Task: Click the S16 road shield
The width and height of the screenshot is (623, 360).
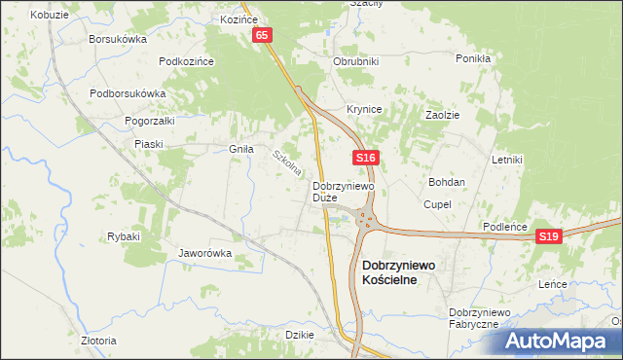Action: (365, 157)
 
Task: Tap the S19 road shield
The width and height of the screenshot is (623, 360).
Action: (549, 236)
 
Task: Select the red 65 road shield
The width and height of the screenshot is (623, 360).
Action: (263, 35)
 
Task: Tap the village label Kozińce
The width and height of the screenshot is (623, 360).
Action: (238, 18)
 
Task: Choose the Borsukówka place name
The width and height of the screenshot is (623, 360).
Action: (117, 39)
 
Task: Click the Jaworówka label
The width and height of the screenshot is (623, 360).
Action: (204, 253)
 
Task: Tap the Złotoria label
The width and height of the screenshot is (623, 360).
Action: (98, 341)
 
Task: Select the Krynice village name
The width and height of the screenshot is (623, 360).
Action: (364, 109)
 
